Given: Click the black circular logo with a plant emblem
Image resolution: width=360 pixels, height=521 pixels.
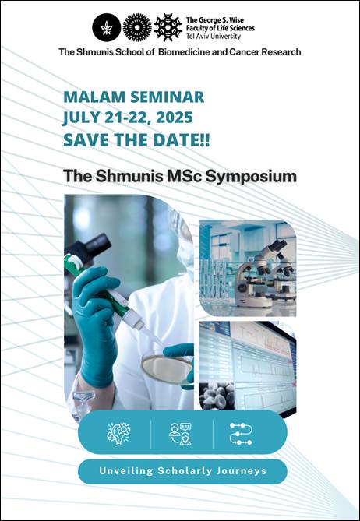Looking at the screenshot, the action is pos(107,27).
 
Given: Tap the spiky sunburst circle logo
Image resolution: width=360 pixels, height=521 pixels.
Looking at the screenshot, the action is pos(137,27).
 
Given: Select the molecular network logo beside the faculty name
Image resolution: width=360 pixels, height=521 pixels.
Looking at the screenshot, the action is pos(168,27).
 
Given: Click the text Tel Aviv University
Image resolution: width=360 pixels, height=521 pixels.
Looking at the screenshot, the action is pos(213,37).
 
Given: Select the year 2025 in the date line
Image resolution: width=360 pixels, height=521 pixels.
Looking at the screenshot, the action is pos(175,118).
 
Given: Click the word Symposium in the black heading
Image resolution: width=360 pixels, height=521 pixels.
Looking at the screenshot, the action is pos(251,177).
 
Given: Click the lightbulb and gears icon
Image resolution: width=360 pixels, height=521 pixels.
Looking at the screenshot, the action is pos(118,434).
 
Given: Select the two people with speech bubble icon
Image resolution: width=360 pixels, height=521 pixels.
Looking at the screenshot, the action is pos(180,434).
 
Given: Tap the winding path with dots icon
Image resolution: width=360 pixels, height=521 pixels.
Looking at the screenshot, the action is pos(241,434).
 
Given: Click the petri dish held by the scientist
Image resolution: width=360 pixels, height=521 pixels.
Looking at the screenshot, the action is pos(167,369).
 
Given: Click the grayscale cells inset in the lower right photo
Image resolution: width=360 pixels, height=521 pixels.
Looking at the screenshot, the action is pos(217,396).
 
